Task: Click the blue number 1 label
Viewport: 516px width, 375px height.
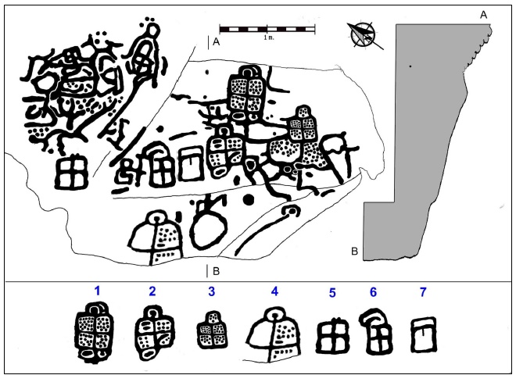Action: coord(98,291)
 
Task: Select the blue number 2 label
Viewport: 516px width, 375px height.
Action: coord(152,291)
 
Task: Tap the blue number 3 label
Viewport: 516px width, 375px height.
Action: coord(211,291)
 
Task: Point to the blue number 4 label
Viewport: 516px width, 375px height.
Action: coord(274,291)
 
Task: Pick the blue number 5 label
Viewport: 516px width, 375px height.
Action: coord(332,294)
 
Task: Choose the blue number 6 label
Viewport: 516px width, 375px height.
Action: coord(374,292)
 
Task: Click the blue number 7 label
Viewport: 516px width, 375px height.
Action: coord(424,292)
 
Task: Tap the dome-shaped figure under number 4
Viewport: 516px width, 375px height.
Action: coord(274,334)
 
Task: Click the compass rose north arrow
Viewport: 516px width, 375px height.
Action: coord(362,35)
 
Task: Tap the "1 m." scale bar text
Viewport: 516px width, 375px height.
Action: coord(268,37)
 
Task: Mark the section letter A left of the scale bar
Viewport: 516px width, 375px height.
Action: coord(215,44)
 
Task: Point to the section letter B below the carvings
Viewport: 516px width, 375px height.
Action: coord(216,272)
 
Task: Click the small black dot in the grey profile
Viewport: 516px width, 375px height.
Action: coord(409,66)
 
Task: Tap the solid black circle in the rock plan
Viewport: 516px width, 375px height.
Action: coord(249,201)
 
